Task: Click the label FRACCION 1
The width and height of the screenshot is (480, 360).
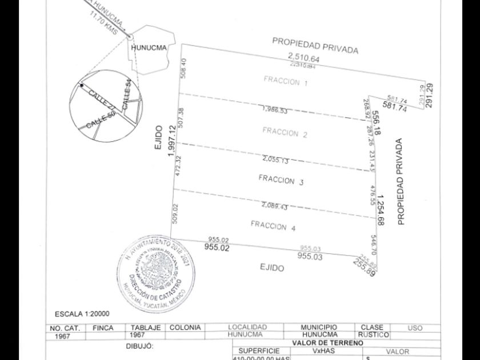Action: [286, 82]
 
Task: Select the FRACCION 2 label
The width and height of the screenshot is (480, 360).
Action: [285, 133]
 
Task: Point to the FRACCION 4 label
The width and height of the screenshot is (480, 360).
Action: [273, 226]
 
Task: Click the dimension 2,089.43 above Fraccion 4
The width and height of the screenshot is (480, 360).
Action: [274, 206]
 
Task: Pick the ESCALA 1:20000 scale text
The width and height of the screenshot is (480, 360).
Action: [82, 314]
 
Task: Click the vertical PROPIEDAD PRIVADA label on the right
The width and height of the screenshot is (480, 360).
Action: [401, 182]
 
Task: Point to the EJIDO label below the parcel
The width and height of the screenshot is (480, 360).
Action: [272, 267]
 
